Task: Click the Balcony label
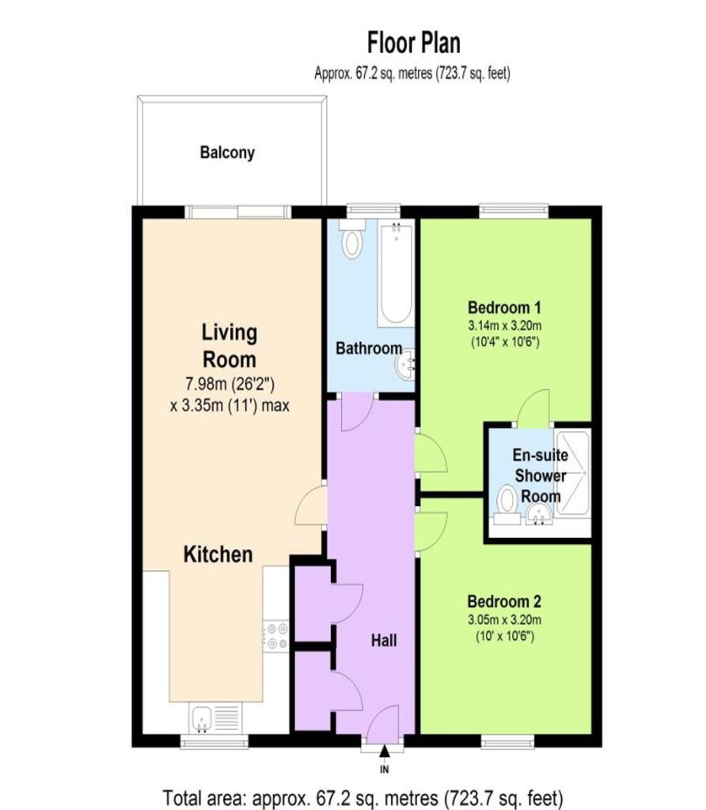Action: tap(227, 153)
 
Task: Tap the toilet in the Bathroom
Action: tap(352, 239)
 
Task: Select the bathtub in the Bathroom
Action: tap(396, 273)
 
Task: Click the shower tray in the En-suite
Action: tap(571, 472)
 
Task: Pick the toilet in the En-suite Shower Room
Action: tap(507, 507)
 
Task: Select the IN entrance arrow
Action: tap(384, 754)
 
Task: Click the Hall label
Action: tap(384, 641)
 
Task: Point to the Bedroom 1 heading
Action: tap(504, 308)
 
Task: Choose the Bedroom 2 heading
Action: tap(504, 602)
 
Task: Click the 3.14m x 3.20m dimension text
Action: tap(505, 325)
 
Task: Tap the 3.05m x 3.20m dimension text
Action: tap(505, 619)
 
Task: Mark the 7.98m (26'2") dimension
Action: tap(230, 384)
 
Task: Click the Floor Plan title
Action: tap(413, 43)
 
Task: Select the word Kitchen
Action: tap(218, 555)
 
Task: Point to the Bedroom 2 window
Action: tap(507, 741)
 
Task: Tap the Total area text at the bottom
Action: tap(362, 798)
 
